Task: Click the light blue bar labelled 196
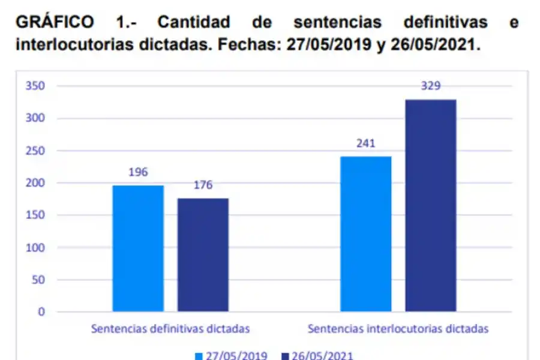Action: tap(138, 248)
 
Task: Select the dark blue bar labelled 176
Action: tap(203, 255)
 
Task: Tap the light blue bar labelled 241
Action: tap(366, 234)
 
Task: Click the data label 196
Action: tap(138, 172)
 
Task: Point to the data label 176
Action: tap(203, 185)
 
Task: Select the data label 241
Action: tap(366, 143)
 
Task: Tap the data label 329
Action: tap(430, 86)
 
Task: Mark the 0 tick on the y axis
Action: tap(41, 311)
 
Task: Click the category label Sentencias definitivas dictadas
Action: tap(170, 329)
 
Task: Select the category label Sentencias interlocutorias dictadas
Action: tap(398, 329)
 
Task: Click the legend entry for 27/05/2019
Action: tap(231, 355)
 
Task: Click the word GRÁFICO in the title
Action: tap(54, 22)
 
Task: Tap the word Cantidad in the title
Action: tap(193, 22)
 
